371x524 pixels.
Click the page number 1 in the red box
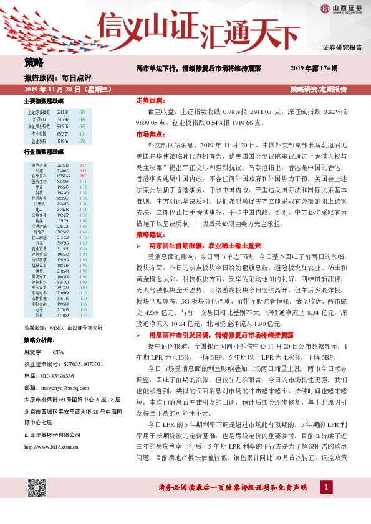[325, 487]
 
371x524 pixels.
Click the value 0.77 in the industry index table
[82, 165]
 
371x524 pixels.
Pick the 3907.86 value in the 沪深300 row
[62, 119]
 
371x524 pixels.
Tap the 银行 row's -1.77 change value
[82, 316]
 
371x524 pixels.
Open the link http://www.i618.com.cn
[54, 428]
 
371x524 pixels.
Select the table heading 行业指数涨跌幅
[44, 152]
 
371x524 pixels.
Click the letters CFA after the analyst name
[59, 352]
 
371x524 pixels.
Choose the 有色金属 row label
[39, 165]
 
